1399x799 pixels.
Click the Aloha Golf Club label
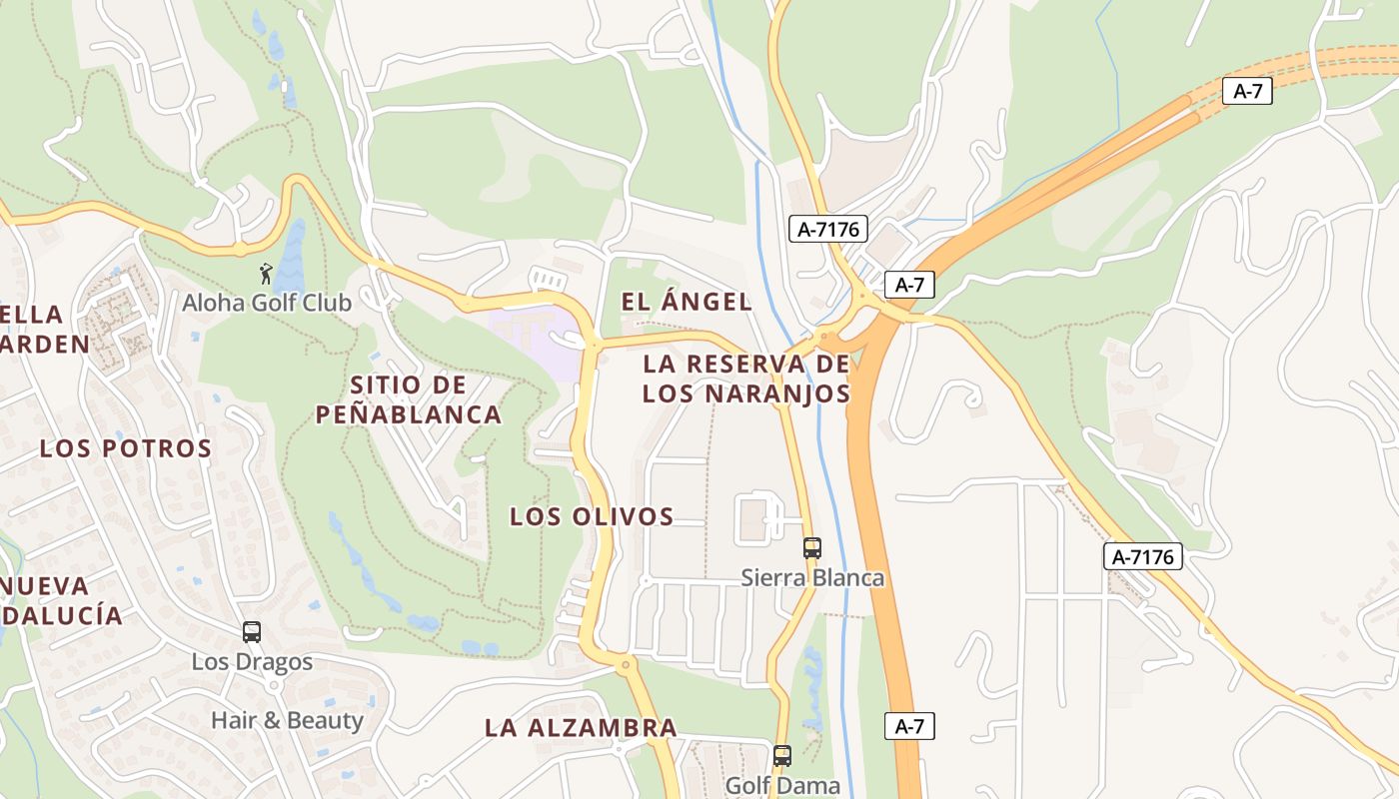(x=267, y=303)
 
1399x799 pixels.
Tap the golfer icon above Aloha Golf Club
(x=265, y=273)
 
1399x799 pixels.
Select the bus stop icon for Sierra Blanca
(x=812, y=547)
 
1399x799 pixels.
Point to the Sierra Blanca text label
(x=812, y=577)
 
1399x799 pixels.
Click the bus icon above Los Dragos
(x=252, y=631)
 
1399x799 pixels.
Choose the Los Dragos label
(x=252, y=662)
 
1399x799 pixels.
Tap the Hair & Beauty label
(x=287, y=720)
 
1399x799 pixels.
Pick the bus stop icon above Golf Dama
(x=782, y=756)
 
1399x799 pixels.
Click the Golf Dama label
(x=782, y=786)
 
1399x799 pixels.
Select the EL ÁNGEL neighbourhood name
(x=686, y=302)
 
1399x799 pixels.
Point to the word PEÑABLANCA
(x=409, y=414)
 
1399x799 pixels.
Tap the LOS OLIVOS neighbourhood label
(x=592, y=516)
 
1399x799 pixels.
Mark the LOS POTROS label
(x=126, y=448)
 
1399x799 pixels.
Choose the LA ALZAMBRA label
(x=581, y=728)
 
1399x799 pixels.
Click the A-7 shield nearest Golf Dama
(x=909, y=726)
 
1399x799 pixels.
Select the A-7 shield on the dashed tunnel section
(x=1247, y=92)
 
